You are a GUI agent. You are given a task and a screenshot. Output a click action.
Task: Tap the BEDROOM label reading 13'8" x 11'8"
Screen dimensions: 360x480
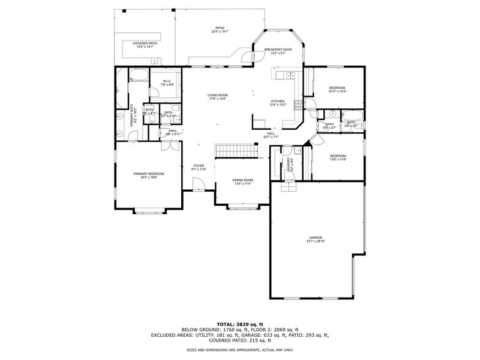[x=338, y=157]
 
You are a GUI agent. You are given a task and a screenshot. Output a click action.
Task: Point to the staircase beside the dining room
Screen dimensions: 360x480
[x=235, y=151]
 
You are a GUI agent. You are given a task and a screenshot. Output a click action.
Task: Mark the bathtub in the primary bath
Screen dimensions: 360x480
[x=138, y=77]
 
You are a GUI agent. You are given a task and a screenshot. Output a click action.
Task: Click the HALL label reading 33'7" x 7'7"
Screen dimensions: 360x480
[x=271, y=135]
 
